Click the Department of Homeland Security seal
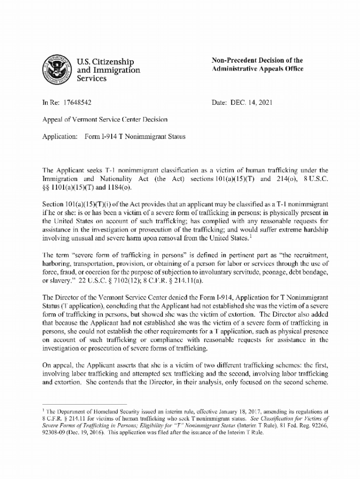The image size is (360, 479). [x=55, y=68]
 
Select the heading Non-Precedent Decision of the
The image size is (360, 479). [x=257, y=60]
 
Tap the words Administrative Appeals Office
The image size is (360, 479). [x=258, y=69]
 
